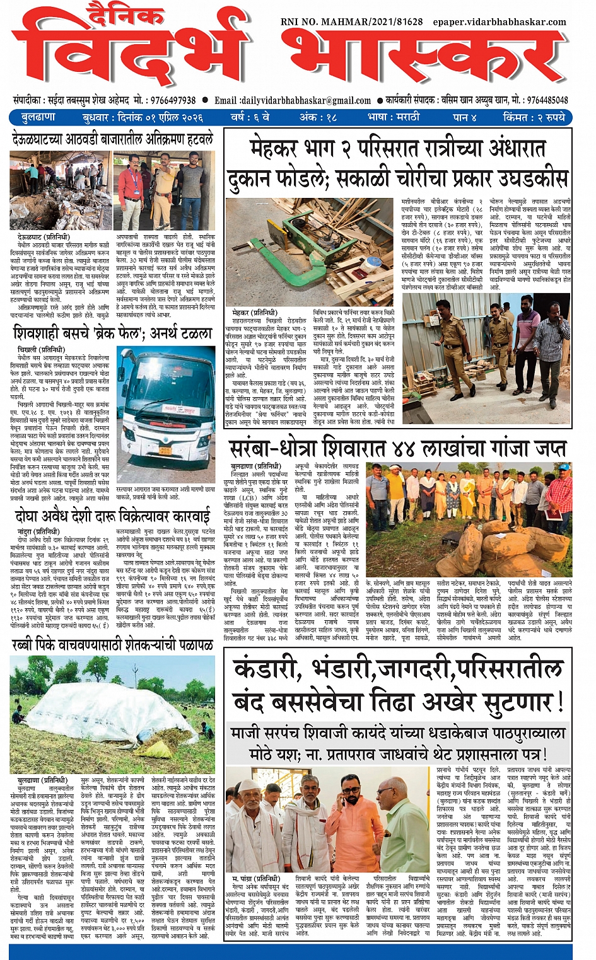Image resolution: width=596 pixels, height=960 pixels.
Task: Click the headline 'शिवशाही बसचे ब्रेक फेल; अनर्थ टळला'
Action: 113,333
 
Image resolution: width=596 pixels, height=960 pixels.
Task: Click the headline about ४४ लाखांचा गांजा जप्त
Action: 397,449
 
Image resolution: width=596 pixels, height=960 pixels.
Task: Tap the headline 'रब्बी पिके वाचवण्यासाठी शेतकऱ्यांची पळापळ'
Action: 112,645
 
